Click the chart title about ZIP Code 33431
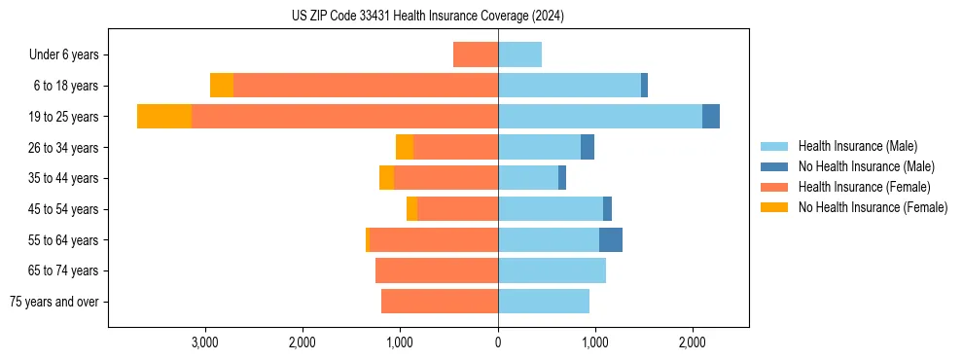click(x=428, y=17)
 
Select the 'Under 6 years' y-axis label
click(x=69, y=54)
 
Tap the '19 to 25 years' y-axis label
click(x=64, y=117)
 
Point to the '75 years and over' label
click(x=54, y=302)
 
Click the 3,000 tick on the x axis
click(x=204, y=342)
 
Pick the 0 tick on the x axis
click(x=498, y=342)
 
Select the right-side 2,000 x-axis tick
click(x=692, y=342)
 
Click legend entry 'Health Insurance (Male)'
click(x=857, y=146)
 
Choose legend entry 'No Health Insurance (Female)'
click(x=873, y=207)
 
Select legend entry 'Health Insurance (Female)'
click(x=864, y=187)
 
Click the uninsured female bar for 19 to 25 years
click(x=164, y=117)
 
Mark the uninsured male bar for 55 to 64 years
click(x=611, y=240)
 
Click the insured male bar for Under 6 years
click(x=519, y=54)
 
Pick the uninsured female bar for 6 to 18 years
click(x=222, y=86)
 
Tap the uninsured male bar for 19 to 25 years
click(x=711, y=117)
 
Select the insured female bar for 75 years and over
click(x=440, y=302)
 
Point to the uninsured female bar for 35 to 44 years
click(x=386, y=178)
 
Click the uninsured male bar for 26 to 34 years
click(x=588, y=147)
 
